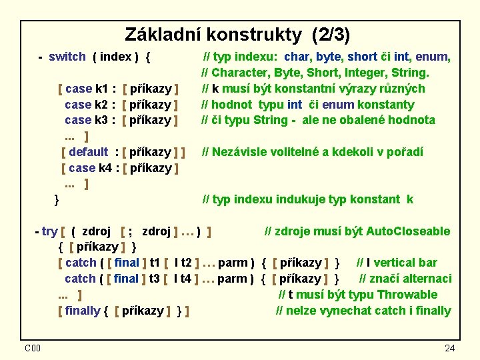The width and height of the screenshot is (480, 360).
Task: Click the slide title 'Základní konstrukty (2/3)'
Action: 237,34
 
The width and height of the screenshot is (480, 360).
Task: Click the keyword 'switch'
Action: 67,57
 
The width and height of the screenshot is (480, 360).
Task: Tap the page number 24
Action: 449,348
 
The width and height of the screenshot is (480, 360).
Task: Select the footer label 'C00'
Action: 33,348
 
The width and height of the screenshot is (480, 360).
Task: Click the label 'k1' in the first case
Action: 102,89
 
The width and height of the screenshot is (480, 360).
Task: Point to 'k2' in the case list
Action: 101,105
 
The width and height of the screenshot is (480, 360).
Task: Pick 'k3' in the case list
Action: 101,120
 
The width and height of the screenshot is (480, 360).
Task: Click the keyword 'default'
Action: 88,152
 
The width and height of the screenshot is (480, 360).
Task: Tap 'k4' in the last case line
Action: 105,168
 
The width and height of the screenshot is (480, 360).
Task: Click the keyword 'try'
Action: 49,232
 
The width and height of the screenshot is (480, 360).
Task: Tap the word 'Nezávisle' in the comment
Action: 242,152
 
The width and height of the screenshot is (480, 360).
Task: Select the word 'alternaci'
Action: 424,279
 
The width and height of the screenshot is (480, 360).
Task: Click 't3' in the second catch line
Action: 154,279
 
